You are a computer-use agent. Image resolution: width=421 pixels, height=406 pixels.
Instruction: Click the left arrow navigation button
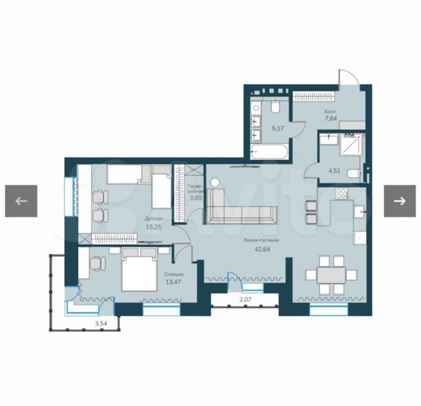[x=21, y=201]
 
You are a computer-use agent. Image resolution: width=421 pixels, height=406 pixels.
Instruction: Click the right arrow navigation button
[x=400, y=201]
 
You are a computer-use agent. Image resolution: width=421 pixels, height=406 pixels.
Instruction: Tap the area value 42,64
[x=262, y=249]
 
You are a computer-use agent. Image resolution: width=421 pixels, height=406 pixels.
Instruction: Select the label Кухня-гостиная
[x=261, y=240]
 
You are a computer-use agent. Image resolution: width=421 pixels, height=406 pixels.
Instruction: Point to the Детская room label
[x=154, y=218]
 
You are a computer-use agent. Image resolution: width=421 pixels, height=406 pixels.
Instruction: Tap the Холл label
[x=330, y=111]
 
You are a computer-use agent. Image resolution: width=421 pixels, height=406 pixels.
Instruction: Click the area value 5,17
[x=278, y=128]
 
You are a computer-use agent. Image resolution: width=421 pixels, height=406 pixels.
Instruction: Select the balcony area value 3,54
[x=101, y=324]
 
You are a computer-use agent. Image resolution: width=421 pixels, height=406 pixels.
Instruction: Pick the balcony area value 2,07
[x=245, y=299]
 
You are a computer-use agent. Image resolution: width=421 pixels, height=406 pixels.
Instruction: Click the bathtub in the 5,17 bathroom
[x=269, y=152]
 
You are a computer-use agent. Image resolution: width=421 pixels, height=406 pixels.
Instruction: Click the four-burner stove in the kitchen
[x=341, y=194]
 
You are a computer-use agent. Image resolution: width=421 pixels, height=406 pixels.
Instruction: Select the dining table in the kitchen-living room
[x=331, y=275]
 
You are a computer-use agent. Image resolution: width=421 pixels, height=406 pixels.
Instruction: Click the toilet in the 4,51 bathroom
[x=354, y=173]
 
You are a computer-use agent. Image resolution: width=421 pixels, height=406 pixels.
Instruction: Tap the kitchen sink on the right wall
[x=360, y=212]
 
